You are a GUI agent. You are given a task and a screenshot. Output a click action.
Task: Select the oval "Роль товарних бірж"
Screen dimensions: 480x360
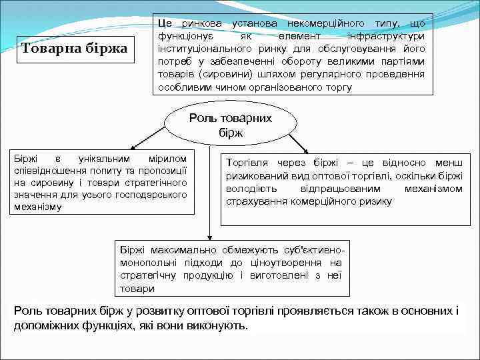tap(231, 125)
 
